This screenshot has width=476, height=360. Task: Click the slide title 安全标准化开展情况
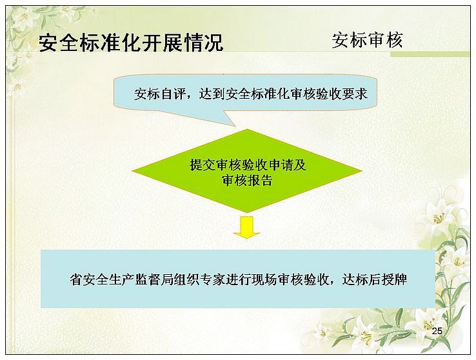pyautogui.click(x=131, y=43)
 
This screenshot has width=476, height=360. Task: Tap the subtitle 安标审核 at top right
pyautogui.click(x=367, y=40)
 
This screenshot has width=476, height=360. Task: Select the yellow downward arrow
pyautogui.click(x=246, y=226)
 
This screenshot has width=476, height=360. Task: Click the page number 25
pyautogui.click(x=437, y=331)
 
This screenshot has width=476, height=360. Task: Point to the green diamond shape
pyautogui.click(x=247, y=170)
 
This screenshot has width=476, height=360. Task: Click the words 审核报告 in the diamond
pyautogui.click(x=247, y=180)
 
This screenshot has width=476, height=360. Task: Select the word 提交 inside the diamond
pyautogui.click(x=203, y=165)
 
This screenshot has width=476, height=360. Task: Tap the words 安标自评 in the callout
pyautogui.click(x=160, y=94)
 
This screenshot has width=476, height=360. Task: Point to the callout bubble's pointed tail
pyautogui.click(x=235, y=126)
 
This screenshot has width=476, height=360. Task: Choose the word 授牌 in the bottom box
pyautogui.click(x=394, y=279)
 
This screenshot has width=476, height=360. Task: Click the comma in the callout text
pyautogui.click(x=192, y=97)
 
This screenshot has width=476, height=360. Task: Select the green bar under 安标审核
pyautogui.click(x=430, y=54)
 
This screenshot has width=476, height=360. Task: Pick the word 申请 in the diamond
pyautogui.click(x=280, y=165)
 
